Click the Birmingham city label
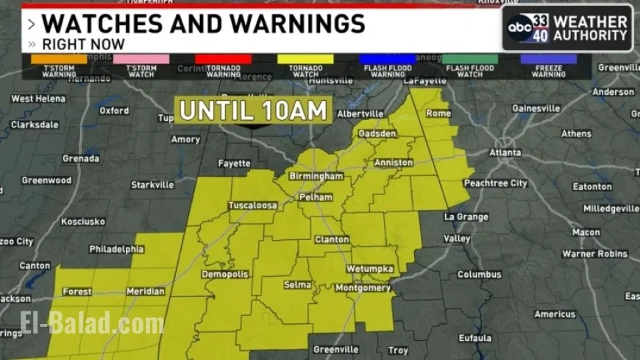tap(316, 177)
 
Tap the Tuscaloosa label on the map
tap(252, 205)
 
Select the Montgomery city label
tap(363, 288)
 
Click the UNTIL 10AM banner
tap(253, 110)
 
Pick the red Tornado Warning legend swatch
tap(224, 59)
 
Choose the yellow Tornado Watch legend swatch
tap(305, 59)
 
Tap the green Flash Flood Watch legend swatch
tap(469, 59)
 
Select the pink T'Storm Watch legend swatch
tap(141, 59)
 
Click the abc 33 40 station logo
tap(529, 28)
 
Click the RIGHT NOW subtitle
tap(83, 44)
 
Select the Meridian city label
tap(146, 292)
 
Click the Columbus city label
tap(479, 275)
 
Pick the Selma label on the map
tap(298, 284)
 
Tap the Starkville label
tap(152, 185)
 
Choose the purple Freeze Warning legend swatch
tap(549, 59)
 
